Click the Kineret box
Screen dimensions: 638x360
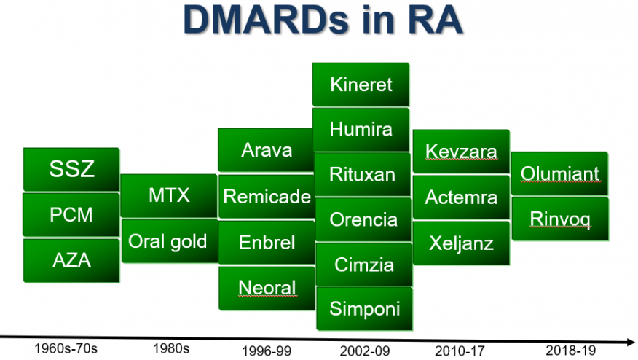point(361,85)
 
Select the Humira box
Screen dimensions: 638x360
point(361,129)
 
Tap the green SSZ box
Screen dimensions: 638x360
point(71,169)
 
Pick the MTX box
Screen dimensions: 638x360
point(169,195)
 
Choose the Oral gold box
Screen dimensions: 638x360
point(170,240)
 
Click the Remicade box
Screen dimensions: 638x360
point(267,197)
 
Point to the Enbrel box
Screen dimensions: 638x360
point(267,242)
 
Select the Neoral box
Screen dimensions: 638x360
point(267,288)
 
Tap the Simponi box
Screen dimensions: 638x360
point(364,308)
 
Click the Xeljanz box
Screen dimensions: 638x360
point(461,243)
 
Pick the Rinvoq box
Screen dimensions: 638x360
point(560,219)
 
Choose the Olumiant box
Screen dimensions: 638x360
point(559,173)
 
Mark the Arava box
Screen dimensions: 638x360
point(266,150)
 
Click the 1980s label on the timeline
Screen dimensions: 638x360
point(171,348)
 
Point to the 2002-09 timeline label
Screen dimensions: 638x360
point(365,351)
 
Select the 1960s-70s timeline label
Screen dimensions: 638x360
point(66,348)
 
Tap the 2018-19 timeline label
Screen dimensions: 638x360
point(570,351)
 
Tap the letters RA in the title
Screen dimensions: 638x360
point(435,20)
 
